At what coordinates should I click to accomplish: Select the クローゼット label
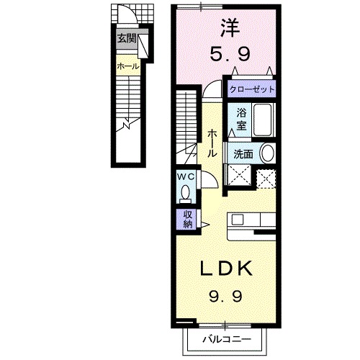[x=252, y=91]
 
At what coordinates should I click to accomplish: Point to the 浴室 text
[x=241, y=119]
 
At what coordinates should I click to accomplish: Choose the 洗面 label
[x=243, y=153]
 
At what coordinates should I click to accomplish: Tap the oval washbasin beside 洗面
[x=266, y=153]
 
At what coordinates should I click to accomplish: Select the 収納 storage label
[x=186, y=219]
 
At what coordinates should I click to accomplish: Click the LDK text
[x=225, y=269]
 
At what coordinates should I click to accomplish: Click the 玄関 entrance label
[x=127, y=39]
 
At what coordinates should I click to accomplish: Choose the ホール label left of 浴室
[x=212, y=143]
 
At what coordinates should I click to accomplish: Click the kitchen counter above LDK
[x=253, y=225]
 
